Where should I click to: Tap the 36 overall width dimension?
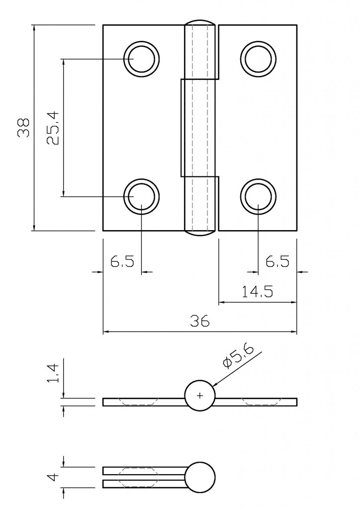pos(200,321)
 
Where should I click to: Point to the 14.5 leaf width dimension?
pos(257,292)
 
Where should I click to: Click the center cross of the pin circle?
pos(200,396)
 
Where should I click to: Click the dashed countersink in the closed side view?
pos(139,476)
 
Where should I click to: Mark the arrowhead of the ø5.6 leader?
pos(215,385)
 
